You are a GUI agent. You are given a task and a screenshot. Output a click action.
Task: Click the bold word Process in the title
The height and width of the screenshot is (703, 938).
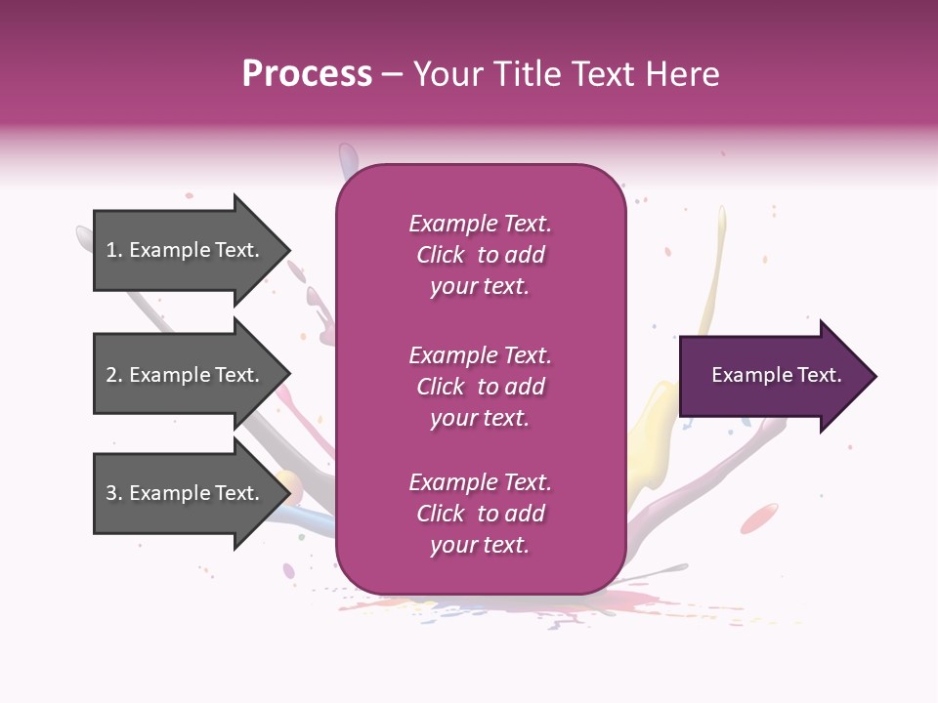tap(307, 74)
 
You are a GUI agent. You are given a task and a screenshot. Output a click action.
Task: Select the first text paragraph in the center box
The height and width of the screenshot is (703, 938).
tap(480, 255)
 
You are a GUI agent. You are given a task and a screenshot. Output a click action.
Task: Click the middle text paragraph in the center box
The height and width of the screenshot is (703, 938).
tap(480, 387)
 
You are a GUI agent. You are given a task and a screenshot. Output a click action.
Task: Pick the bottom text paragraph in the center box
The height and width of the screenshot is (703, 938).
tap(480, 514)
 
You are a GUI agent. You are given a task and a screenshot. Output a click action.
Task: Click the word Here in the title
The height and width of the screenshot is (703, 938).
tap(685, 74)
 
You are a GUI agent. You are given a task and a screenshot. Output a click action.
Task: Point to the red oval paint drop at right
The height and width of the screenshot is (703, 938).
tap(760, 517)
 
